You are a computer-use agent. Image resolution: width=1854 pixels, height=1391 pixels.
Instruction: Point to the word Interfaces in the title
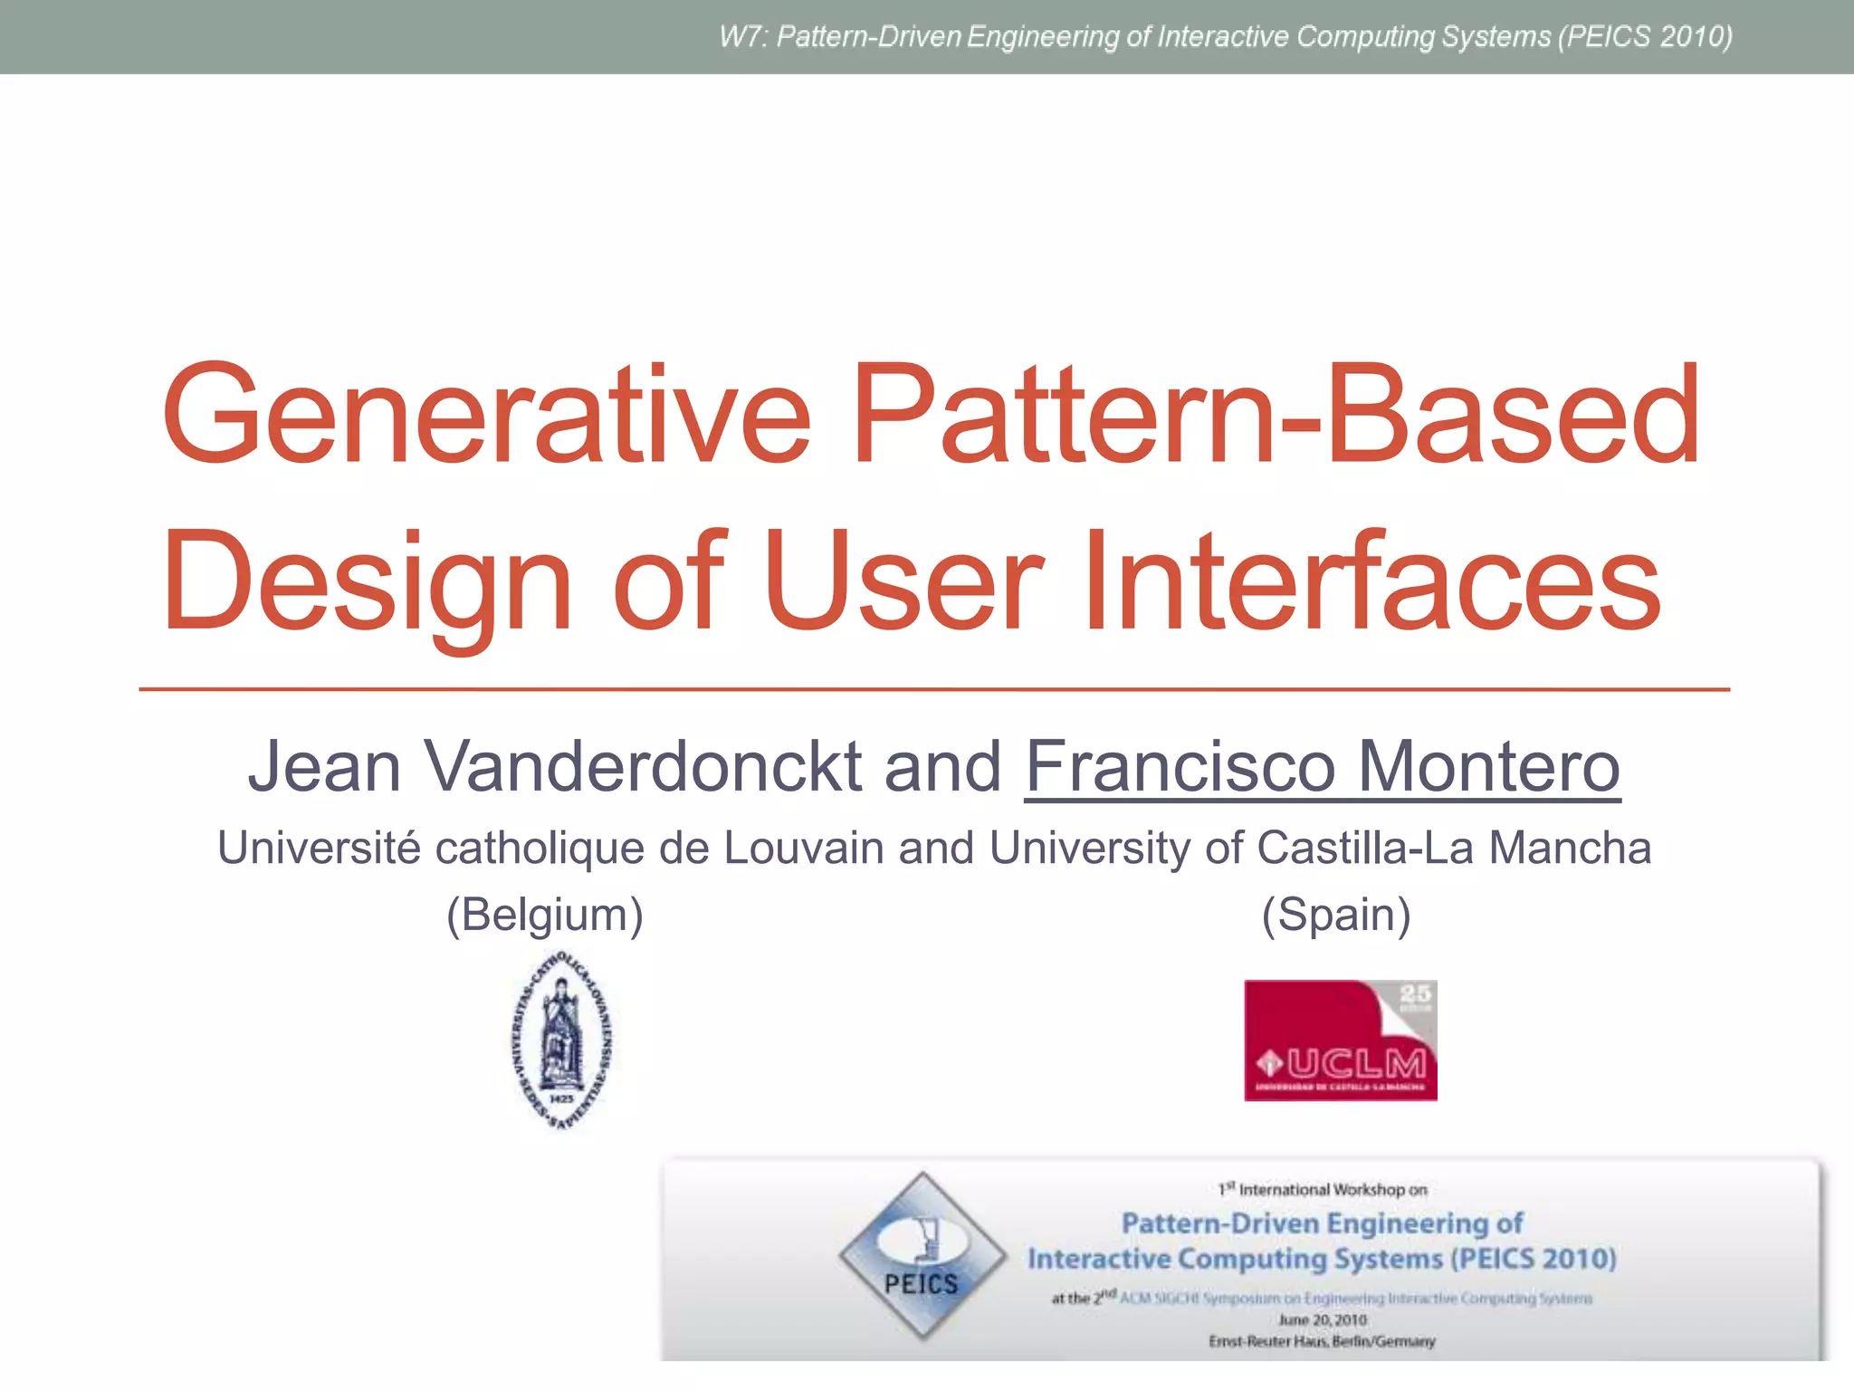[x=1371, y=581]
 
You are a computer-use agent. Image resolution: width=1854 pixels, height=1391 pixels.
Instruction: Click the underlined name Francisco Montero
[x=1322, y=766]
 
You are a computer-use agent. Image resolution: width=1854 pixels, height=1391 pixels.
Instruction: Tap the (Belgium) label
[x=545, y=914]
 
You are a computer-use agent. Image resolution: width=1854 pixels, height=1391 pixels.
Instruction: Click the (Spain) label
[x=1336, y=914]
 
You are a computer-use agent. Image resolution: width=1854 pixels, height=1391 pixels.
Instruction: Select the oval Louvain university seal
[x=562, y=1041]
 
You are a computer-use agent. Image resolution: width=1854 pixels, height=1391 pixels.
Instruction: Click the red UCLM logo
[x=1340, y=1041]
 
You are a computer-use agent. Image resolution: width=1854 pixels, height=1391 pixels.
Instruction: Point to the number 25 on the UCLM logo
[x=1416, y=994]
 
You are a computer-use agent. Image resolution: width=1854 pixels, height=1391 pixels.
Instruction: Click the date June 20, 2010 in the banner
[x=1322, y=1320]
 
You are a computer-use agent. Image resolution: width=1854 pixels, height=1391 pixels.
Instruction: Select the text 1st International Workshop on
[x=1322, y=1189]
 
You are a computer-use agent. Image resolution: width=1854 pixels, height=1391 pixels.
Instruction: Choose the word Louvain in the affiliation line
[x=803, y=849]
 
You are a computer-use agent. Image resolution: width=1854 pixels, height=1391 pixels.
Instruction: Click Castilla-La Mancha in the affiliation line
[x=1454, y=849]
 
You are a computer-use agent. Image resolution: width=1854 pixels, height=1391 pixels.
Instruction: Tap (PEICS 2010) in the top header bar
[x=1644, y=37]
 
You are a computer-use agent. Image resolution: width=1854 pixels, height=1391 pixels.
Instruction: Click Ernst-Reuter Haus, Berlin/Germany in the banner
[x=1322, y=1341]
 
